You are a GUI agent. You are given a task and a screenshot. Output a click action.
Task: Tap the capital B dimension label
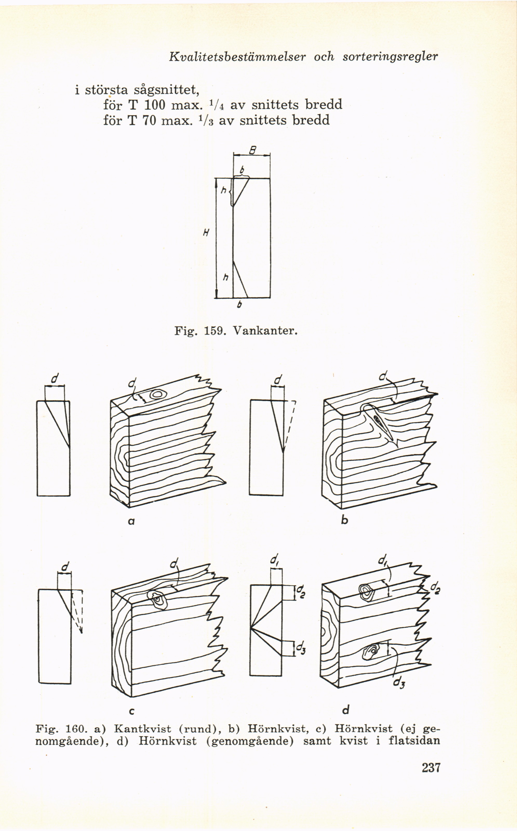click(252, 150)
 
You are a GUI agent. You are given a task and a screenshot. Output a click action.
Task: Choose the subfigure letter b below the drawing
click(345, 520)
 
